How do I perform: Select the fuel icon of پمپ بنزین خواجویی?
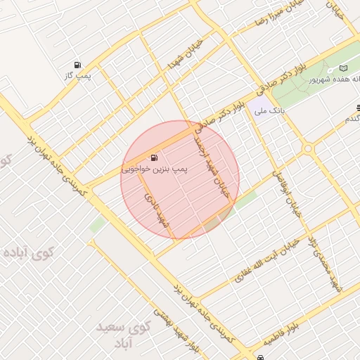(154, 157)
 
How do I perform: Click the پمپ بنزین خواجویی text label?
(151, 169)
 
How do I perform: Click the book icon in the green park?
(344, 68)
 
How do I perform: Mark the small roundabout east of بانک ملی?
(307, 148)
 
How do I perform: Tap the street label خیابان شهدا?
(184, 55)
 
